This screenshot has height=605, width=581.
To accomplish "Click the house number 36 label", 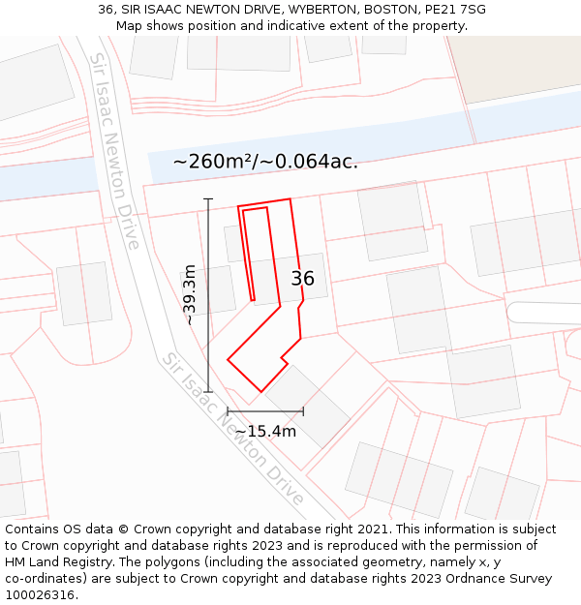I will [x=302, y=279].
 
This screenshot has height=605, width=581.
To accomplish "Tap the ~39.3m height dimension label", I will [x=190, y=294].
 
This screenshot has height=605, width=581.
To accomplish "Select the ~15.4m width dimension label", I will [x=265, y=432].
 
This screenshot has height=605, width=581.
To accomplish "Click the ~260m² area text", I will [x=213, y=162].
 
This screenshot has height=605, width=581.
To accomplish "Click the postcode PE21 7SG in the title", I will [x=455, y=10].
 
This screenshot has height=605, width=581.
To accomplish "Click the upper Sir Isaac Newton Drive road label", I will [x=115, y=150].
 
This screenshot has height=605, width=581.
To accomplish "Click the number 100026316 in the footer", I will [x=39, y=595].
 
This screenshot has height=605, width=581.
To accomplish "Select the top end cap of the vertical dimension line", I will [x=208, y=199].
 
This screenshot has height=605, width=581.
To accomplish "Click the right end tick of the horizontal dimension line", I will [x=303, y=411].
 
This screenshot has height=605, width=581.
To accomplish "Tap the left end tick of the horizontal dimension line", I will [x=228, y=411].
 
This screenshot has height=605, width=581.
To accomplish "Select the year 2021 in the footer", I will [x=373, y=529].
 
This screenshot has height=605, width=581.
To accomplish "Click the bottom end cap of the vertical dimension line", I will [x=208, y=392].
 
